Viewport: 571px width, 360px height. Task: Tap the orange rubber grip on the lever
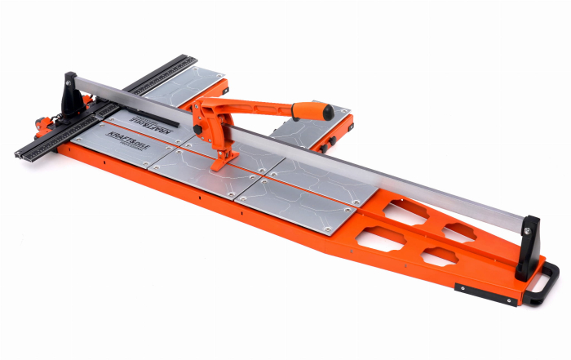308,108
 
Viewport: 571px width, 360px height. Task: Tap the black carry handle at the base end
546,285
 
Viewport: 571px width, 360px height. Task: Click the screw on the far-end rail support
69,79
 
